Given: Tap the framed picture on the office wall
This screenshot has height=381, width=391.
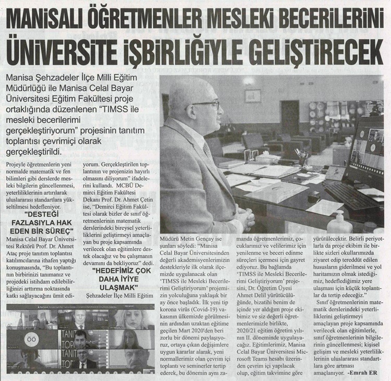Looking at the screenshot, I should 253,95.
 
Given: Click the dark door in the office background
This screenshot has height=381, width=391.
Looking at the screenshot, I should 290,117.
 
